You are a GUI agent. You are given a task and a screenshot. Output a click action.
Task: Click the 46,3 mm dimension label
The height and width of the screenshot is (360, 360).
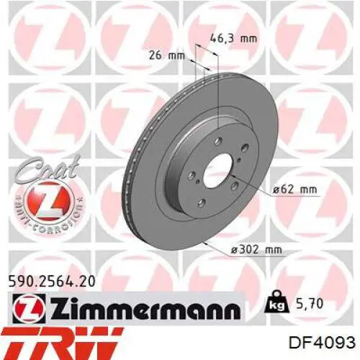click(233, 38)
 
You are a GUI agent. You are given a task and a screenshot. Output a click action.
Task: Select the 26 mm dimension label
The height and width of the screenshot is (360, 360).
click(167, 55)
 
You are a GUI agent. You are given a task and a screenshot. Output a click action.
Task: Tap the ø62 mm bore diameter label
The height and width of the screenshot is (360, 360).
click(295, 189)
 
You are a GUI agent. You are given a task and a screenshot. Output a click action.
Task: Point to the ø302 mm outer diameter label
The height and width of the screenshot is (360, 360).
click(256, 250)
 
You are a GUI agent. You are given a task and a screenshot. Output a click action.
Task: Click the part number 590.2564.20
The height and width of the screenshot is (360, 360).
click(52, 282)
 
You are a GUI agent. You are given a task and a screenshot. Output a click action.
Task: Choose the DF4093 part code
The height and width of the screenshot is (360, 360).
click(322, 343)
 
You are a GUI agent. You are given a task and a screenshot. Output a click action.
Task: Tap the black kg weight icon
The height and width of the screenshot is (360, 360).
click(276, 302)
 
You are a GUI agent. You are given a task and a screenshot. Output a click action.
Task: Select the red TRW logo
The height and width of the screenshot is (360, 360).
click(60, 343)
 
